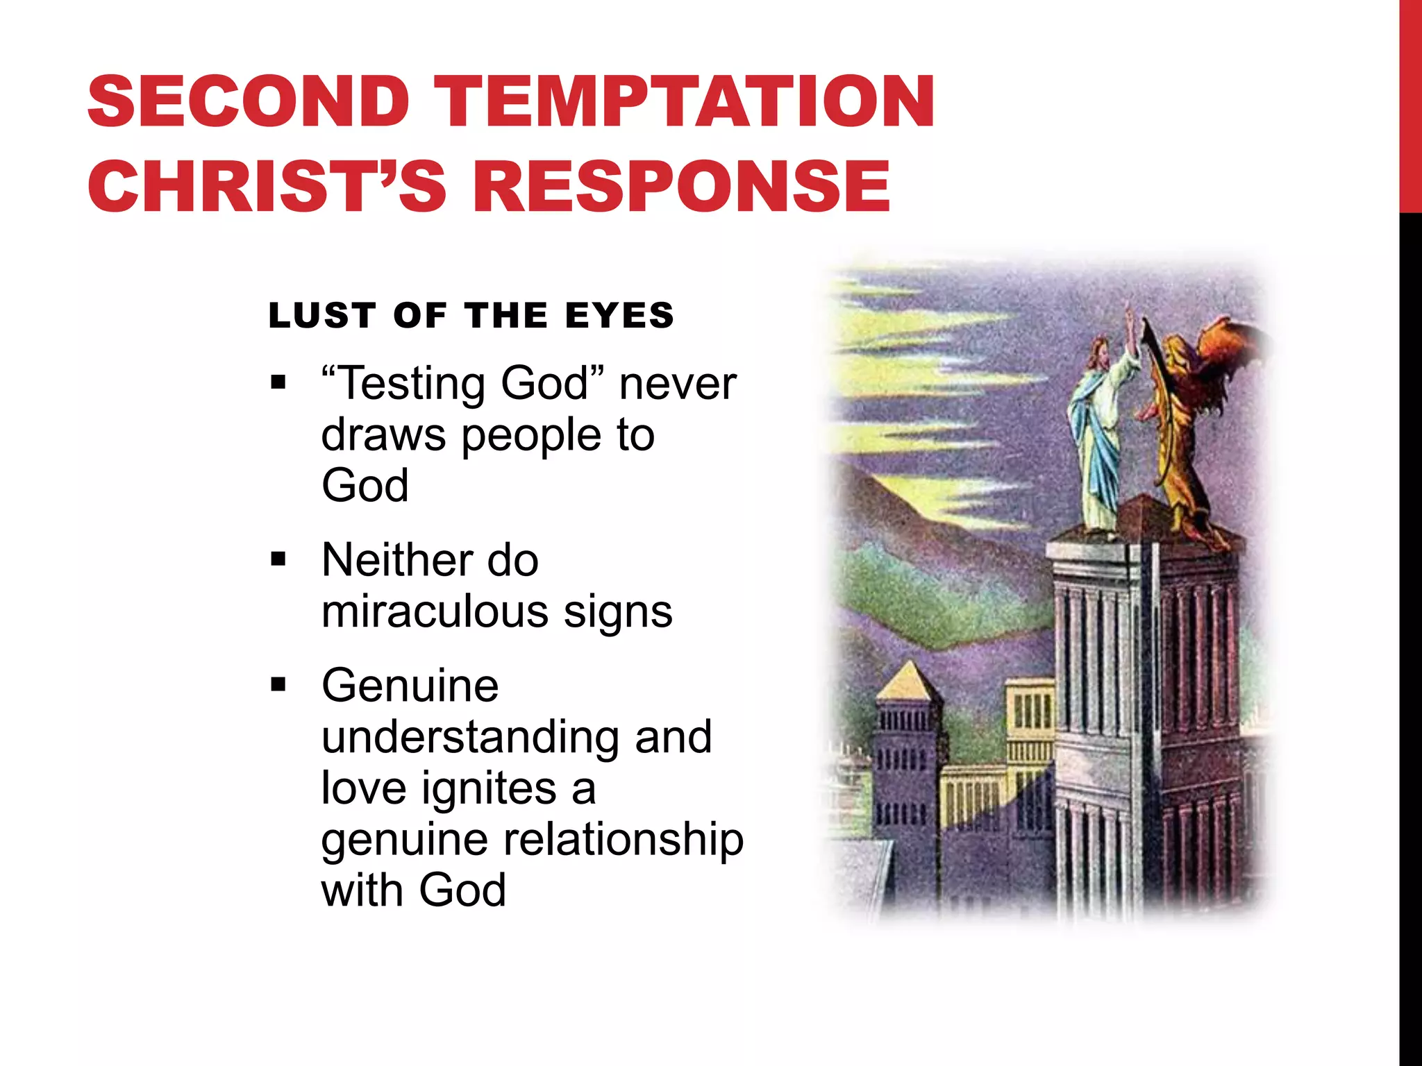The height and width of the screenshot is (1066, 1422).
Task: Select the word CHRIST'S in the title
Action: point(266,186)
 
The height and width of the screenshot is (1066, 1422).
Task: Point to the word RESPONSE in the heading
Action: point(681,186)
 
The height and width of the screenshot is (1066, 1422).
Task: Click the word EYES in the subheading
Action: point(619,316)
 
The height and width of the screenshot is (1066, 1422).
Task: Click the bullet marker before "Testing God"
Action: point(278,382)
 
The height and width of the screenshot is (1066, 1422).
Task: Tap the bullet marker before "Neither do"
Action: point(278,559)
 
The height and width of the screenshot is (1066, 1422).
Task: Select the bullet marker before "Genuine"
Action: point(278,685)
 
